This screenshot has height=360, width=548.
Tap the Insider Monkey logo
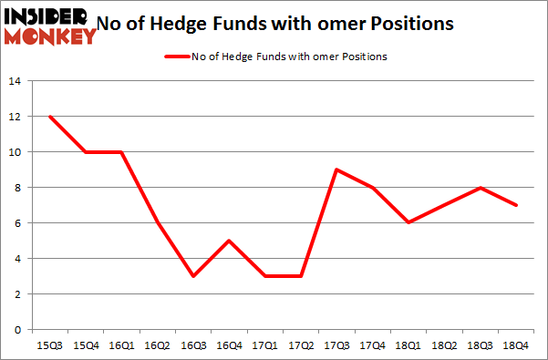click(x=50, y=26)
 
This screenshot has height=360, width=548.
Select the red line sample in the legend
click(x=175, y=57)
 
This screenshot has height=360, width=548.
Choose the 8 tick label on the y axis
click(x=16, y=188)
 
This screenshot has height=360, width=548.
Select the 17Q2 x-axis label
click(x=301, y=345)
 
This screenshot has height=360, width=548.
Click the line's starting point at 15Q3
click(x=50, y=117)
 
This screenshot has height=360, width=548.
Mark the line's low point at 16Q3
click(x=191, y=276)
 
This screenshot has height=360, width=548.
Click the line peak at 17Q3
click(x=336, y=170)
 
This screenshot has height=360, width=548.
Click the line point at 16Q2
click(x=158, y=222)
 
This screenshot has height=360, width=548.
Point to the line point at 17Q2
click(x=301, y=276)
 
